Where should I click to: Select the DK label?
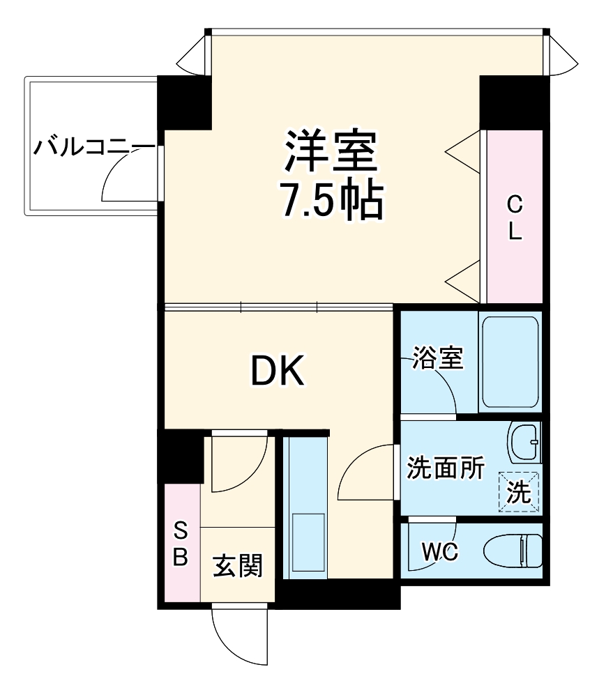coord(278,372)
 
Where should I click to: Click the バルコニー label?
coord(95,148)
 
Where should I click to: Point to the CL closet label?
coord(514,217)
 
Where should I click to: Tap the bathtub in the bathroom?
coord(510,362)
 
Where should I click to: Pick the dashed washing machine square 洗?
coord(519,492)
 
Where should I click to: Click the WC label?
coord(439,553)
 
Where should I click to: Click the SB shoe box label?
coord(181,545)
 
